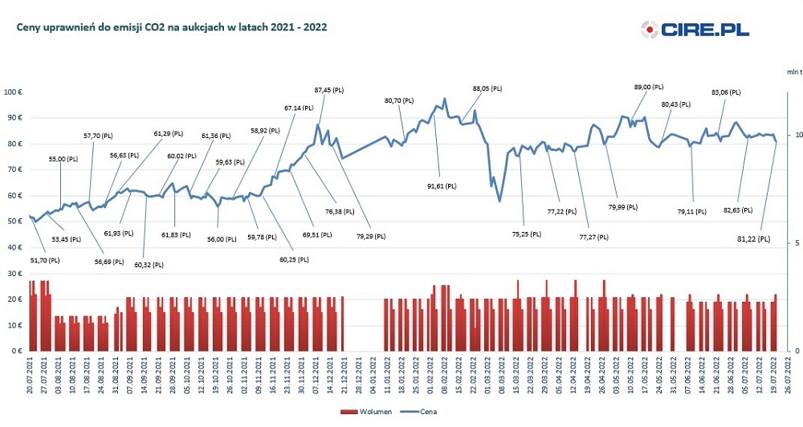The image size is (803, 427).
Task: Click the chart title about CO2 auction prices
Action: [171, 26]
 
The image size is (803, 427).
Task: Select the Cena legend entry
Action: [422, 411]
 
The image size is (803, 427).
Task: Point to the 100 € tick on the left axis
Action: [14, 91]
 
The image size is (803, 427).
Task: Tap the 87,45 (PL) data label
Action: [329, 90]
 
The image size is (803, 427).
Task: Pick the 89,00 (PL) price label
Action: [649, 86]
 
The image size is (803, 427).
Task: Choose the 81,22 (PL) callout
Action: [752, 238]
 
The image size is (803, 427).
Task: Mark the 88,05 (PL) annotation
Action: [487, 87]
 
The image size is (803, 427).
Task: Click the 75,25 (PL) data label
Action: [527, 234]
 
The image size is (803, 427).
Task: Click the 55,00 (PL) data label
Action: [63, 160]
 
